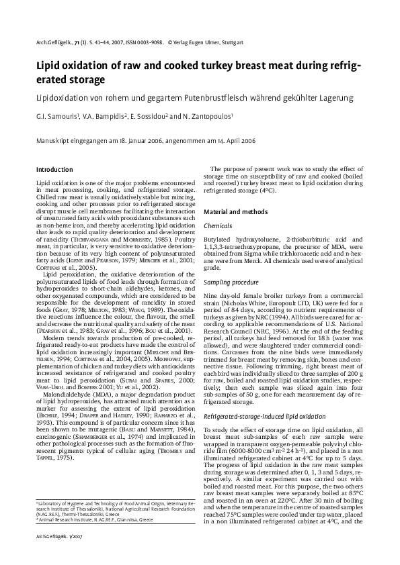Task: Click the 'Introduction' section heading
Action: point(54,169)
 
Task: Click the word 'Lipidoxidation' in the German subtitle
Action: point(62,98)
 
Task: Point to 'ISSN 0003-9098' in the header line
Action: point(141,42)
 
